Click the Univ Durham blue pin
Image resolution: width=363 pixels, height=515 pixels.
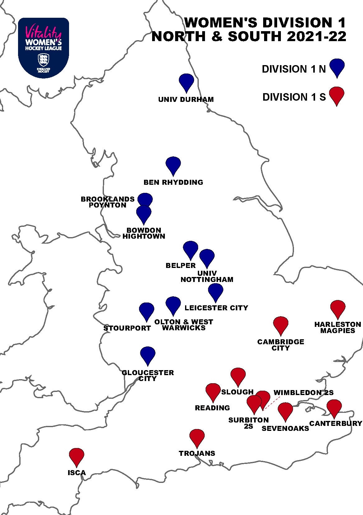(186, 81)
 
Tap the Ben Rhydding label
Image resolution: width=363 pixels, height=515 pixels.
(173, 182)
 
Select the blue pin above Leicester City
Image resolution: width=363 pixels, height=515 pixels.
(216, 291)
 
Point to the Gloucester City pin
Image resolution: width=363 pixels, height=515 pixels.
(148, 354)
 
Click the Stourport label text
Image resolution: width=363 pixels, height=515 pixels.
(127, 328)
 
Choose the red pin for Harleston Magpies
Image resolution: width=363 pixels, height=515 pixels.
(338, 308)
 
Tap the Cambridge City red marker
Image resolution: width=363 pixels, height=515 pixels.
(281, 324)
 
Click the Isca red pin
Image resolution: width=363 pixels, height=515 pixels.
(77, 456)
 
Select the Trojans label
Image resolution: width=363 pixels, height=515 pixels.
(197, 453)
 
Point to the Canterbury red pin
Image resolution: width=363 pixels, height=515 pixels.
(334, 407)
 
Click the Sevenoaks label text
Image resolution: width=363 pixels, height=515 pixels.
(285, 428)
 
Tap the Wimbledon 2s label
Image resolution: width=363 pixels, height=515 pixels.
(304, 393)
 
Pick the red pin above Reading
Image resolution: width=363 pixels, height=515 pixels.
(213, 391)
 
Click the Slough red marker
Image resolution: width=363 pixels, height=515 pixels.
(238, 375)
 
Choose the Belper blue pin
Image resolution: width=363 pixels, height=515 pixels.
(190, 249)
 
